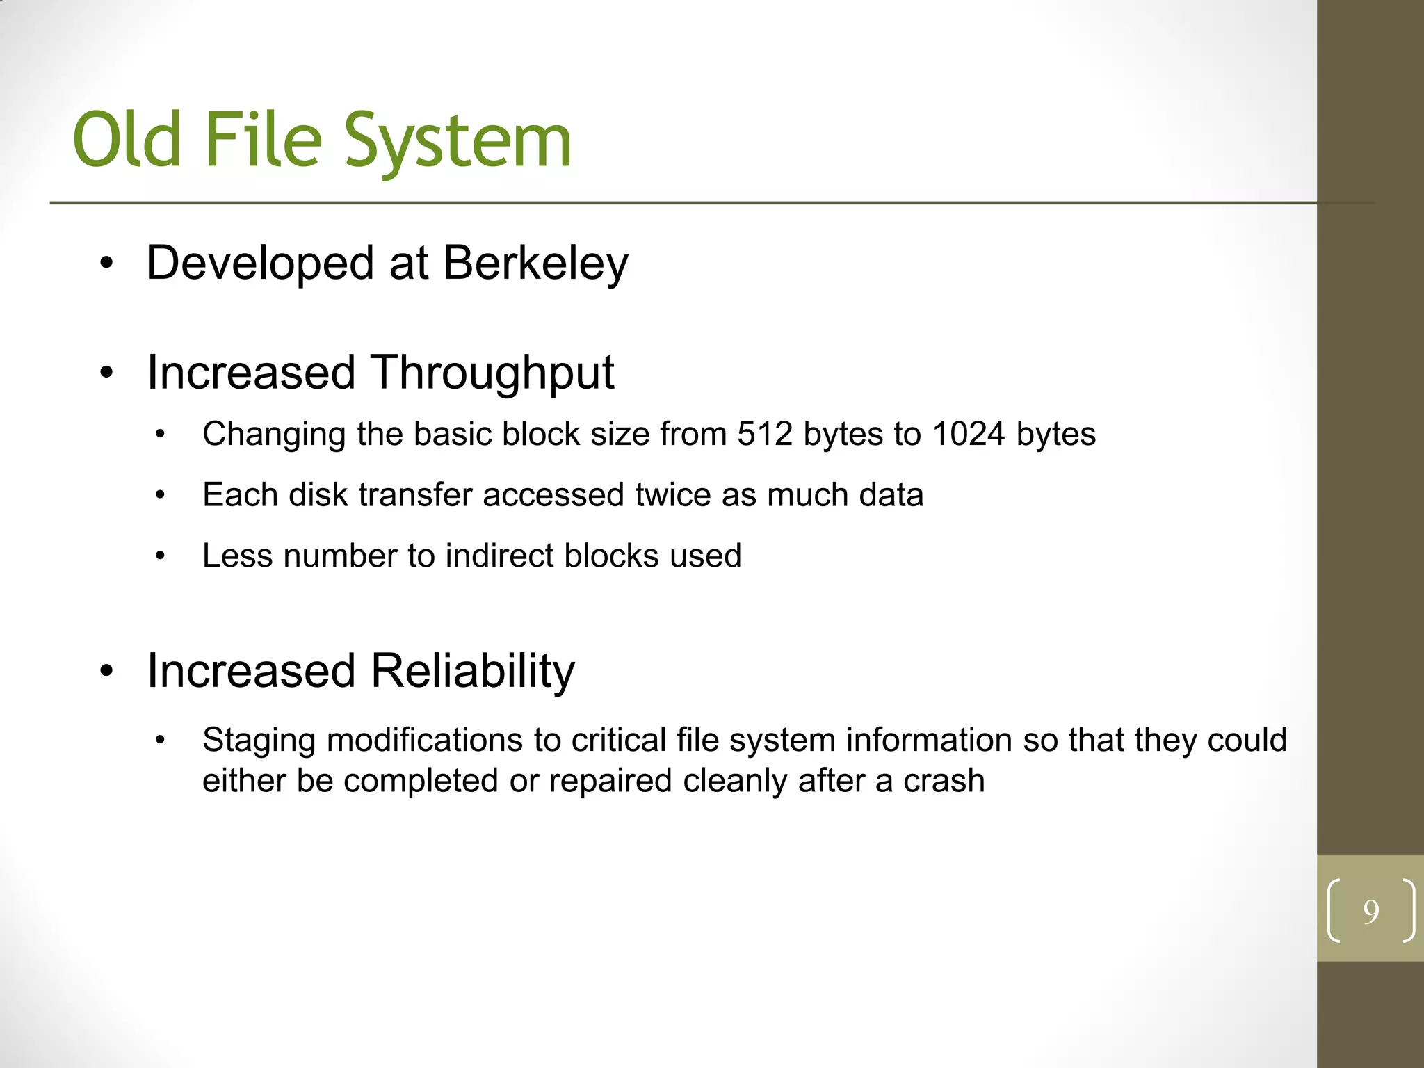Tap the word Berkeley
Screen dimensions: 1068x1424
click(x=535, y=264)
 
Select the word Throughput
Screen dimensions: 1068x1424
click(x=492, y=373)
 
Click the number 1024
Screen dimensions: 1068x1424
click(x=969, y=434)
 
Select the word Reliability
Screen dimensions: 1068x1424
click(x=472, y=672)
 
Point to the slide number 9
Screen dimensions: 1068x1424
click(x=1370, y=912)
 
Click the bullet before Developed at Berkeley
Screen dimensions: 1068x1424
click(x=106, y=264)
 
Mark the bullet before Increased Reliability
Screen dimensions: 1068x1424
click(x=106, y=672)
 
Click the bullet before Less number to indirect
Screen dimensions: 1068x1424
click(x=161, y=556)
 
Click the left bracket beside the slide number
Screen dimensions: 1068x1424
click(x=1333, y=911)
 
